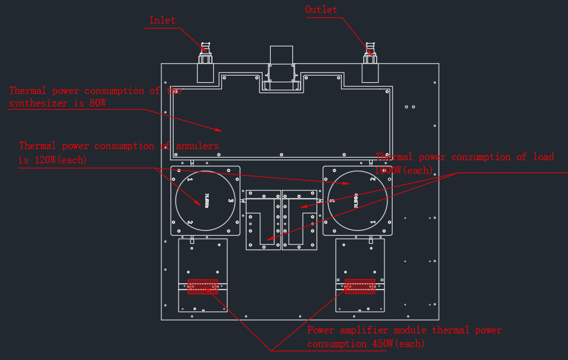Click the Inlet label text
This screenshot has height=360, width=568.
pyautogui.click(x=162, y=20)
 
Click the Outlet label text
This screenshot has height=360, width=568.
pyautogui.click(x=321, y=10)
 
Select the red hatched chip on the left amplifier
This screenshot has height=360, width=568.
pyautogui.click(x=203, y=286)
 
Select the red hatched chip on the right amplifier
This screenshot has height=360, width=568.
pyautogui.click(x=360, y=286)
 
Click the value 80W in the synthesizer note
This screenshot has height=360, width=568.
pyautogui.click(x=98, y=103)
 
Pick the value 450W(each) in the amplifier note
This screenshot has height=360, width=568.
pyautogui.click(x=391, y=343)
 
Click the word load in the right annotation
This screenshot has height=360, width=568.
pyautogui.click(x=543, y=157)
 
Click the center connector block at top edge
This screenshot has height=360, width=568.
pyautogui.click(x=281, y=68)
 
